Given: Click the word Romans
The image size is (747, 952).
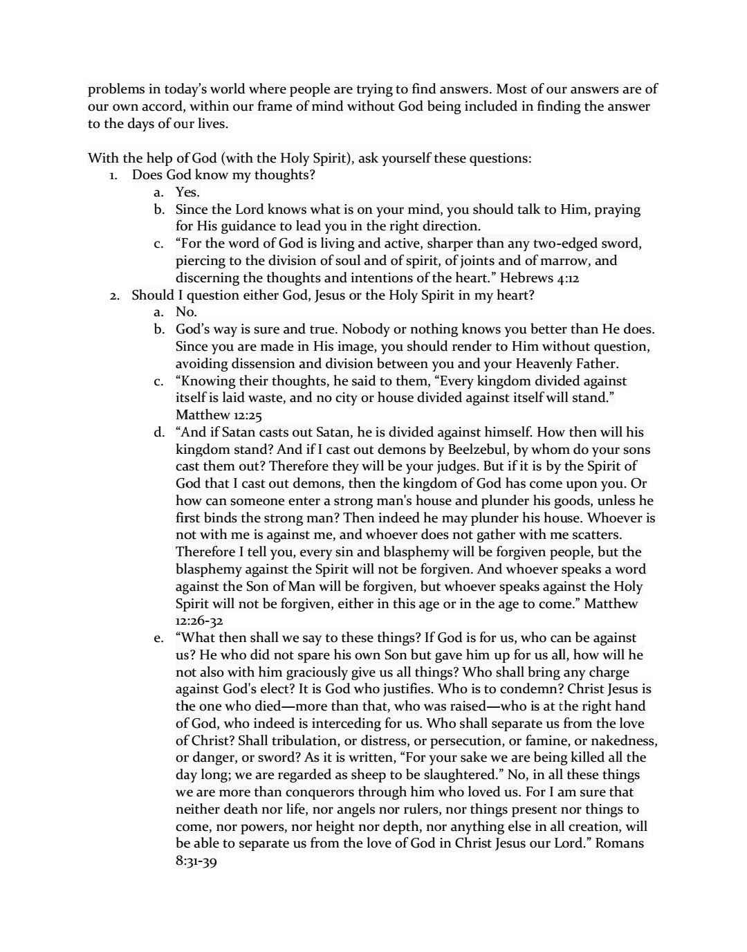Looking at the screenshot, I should (620, 843).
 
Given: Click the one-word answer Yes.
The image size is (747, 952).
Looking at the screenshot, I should (187, 192).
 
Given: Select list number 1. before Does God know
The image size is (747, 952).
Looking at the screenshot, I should (114, 176).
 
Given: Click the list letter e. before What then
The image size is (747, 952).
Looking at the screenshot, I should (160, 639).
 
